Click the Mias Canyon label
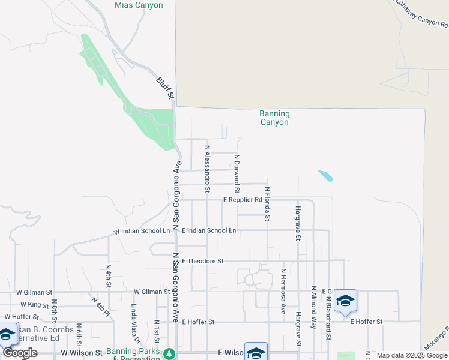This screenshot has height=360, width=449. [x=139, y=5]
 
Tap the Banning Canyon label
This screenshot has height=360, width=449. [x=274, y=118]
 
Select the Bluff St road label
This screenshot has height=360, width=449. [x=165, y=88]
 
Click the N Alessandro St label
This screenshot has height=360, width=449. [x=208, y=168]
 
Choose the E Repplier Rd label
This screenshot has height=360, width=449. [x=243, y=200]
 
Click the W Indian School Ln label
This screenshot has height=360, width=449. [x=142, y=231]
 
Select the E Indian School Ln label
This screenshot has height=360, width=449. [x=209, y=230]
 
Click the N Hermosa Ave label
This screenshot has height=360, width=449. [x=283, y=292]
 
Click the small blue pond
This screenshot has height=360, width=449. [x=325, y=176]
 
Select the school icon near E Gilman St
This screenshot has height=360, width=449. [x=345, y=300]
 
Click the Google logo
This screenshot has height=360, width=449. [x=20, y=353]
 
